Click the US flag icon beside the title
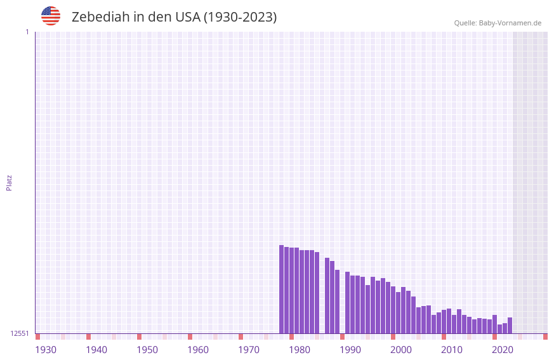pyautogui.click(x=51, y=16)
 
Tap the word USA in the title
pyautogui.click(x=187, y=17)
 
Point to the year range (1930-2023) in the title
pyautogui.click(x=240, y=17)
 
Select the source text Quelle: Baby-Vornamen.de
pyautogui.click(x=498, y=23)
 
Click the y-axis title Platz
pyautogui.click(x=9, y=182)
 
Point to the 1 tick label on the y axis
pyautogui.click(x=27, y=32)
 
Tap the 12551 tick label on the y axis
pyautogui.click(x=20, y=333)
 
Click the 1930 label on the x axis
pyautogui.click(x=46, y=350)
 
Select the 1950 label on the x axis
pyautogui.click(x=147, y=350)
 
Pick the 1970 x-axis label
pyautogui.click(x=249, y=350)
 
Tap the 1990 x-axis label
pyautogui.click(x=350, y=350)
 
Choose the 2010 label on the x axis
pyautogui.click(x=452, y=350)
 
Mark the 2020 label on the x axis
pyautogui.click(x=503, y=350)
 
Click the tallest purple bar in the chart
pyautogui.click(x=281, y=289)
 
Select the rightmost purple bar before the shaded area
pyautogui.click(x=510, y=325)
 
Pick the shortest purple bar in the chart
pyautogui.click(x=499, y=329)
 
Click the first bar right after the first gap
pyautogui.click(x=327, y=295)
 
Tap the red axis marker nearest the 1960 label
pyautogui.click(x=190, y=337)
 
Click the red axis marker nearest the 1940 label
pyautogui.click(x=88, y=337)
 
